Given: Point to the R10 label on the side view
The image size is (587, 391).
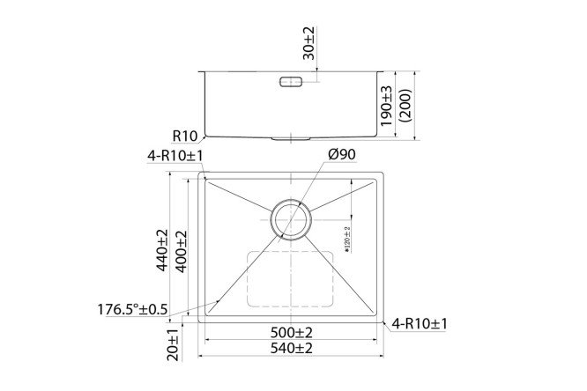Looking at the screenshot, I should coord(184,136).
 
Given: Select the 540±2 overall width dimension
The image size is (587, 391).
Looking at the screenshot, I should coord(292,350).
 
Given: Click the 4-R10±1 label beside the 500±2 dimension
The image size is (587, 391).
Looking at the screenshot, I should coord(420,324).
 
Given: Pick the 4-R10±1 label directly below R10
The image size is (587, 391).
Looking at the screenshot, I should coord(176,156).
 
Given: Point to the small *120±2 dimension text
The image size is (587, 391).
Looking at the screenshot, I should coord(347,239).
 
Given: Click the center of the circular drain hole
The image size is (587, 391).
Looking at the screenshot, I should coord(291,218).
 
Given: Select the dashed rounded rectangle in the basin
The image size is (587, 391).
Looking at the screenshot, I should coord(291,277).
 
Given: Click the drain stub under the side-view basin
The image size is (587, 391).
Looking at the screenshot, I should coord(291,139).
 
